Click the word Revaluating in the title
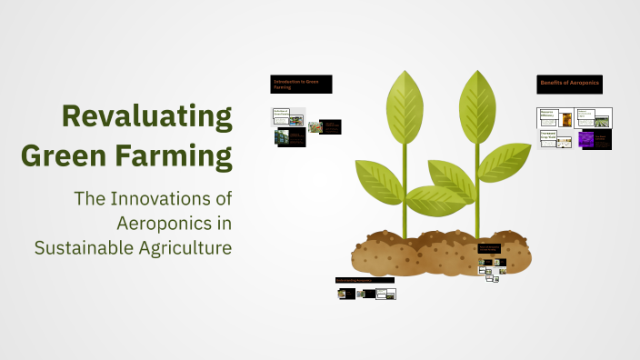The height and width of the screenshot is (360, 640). [146, 117]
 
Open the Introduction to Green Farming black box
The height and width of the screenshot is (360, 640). [302, 85]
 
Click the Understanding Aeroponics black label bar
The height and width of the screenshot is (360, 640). [365, 279]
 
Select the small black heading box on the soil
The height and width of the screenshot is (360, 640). [489, 248]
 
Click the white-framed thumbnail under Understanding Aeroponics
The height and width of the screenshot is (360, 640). [386, 294]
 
